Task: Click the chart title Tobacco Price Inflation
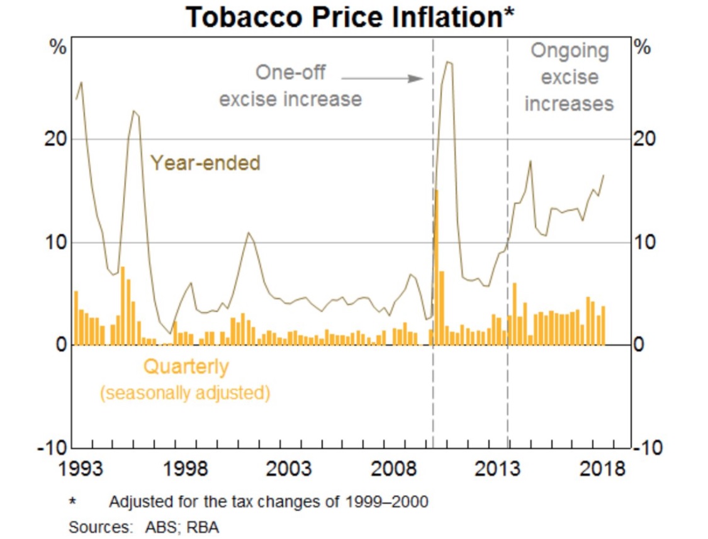pyautogui.click(x=350, y=18)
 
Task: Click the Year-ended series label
pyautogui.click(x=205, y=164)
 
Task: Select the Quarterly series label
pyautogui.click(x=186, y=366)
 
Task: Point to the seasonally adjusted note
pyautogui.click(x=186, y=393)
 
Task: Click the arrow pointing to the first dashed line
pyautogui.click(x=383, y=79)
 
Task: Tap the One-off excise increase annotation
pyautogui.click(x=290, y=86)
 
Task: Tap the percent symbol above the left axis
pyautogui.click(x=58, y=48)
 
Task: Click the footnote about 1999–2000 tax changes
pyautogui.click(x=268, y=502)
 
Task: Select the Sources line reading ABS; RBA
pyautogui.click(x=143, y=526)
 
